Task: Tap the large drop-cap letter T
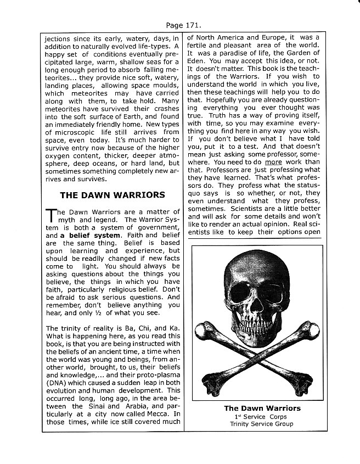click(49, 216)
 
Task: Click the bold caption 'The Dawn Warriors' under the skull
click(262, 409)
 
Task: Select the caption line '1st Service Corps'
click(262, 417)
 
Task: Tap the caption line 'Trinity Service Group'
click(262, 424)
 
